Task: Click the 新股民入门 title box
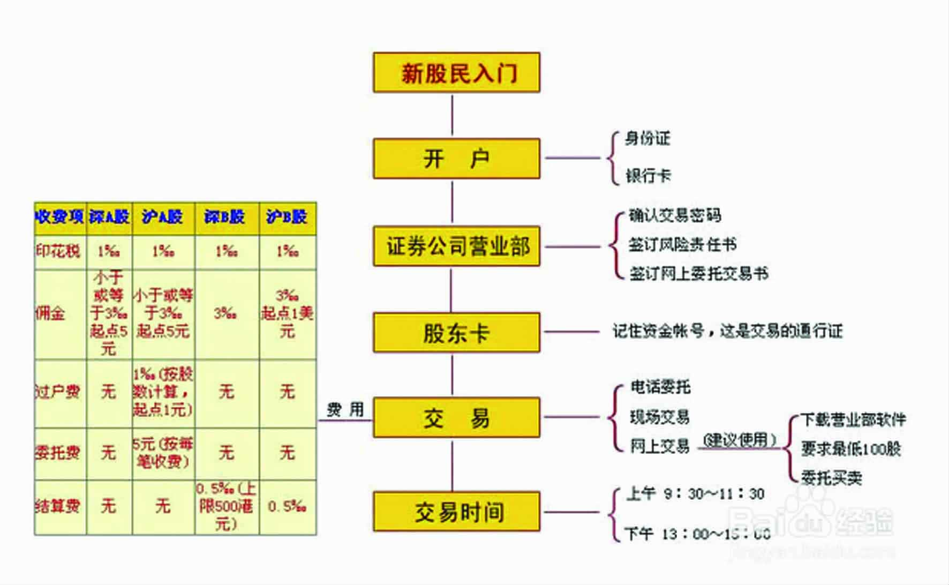(456, 72)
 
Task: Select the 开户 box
(456, 159)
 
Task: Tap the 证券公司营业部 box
(456, 246)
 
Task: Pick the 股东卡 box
(456, 333)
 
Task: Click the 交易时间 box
(456, 512)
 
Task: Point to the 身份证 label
(647, 139)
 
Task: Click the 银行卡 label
(648, 176)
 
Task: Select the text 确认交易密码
(675, 215)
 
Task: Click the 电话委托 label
(660, 387)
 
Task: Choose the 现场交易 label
(659, 417)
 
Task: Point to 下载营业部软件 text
(853, 419)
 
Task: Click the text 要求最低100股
(851, 448)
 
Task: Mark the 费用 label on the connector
(345, 410)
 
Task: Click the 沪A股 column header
(163, 217)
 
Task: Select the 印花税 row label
(58, 251)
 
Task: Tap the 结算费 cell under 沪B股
(288, 506)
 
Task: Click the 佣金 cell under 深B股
(226, 313)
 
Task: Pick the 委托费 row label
(57, 453)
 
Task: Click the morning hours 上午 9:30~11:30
(695, 493)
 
